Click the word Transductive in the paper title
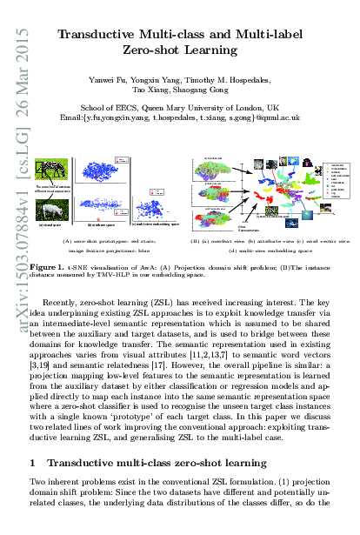pos(101,36)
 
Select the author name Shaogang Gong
pos(208,91)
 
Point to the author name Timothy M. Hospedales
pos(231,80)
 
